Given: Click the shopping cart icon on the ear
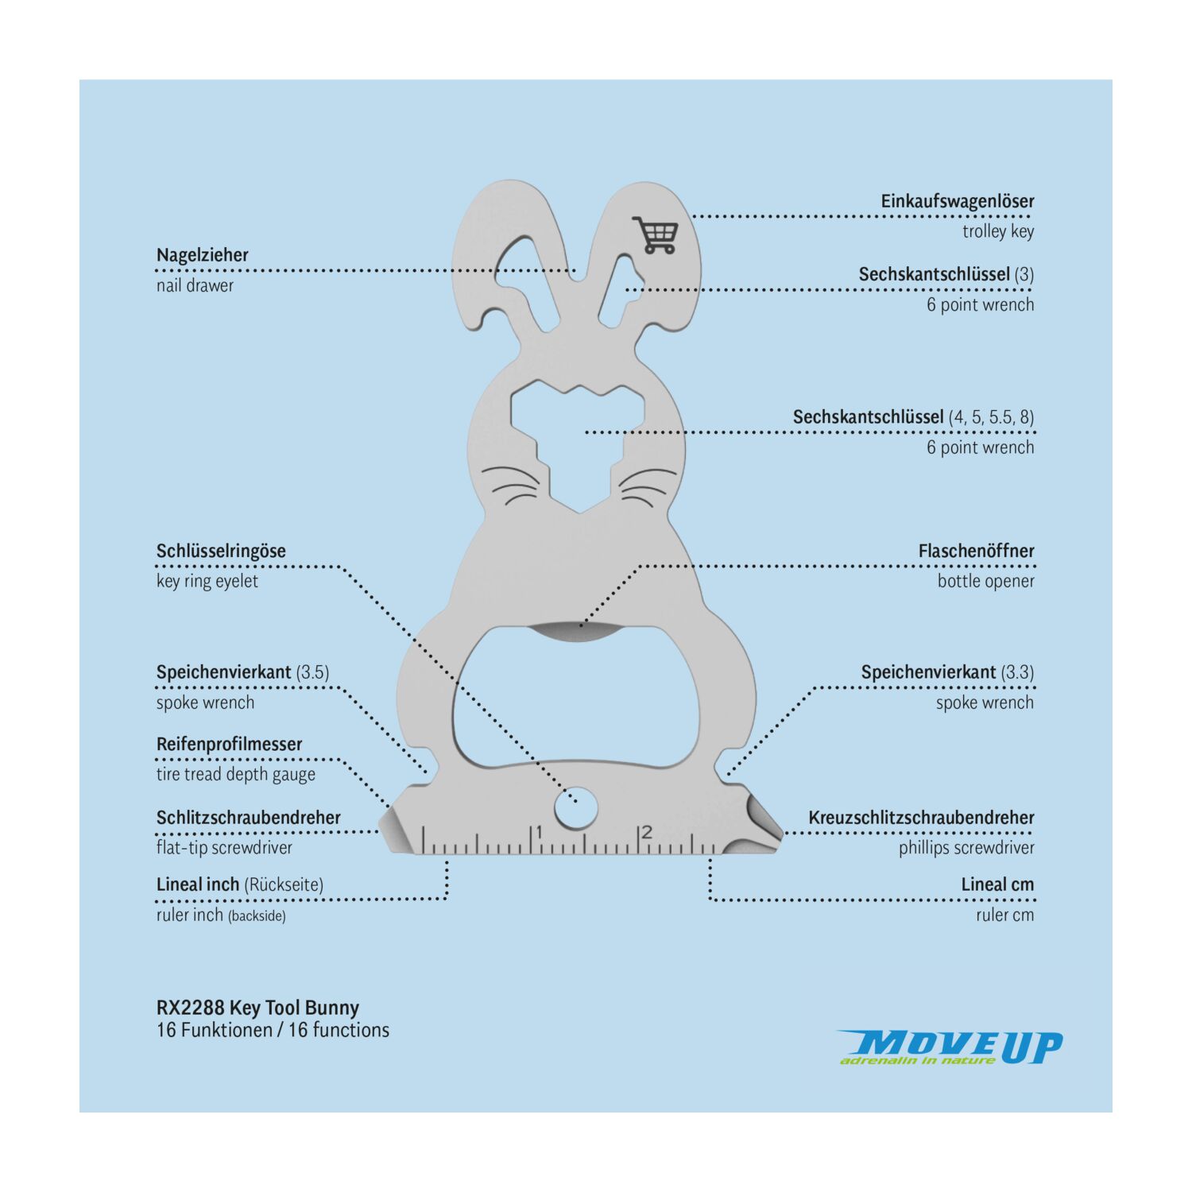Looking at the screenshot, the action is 656,234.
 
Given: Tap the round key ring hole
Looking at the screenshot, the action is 576,809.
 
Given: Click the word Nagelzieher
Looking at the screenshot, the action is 202,255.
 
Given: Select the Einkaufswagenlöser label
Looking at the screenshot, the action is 957,202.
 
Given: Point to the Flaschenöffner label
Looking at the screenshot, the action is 976,551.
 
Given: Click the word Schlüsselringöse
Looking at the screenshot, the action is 221,551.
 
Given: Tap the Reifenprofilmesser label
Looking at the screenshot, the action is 229,745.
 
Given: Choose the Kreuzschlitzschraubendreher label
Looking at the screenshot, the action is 921,818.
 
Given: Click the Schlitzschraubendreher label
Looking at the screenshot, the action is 248,818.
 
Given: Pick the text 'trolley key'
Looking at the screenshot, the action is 998,231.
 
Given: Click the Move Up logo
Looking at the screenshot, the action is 950,1047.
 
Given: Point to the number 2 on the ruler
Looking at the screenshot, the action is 647,832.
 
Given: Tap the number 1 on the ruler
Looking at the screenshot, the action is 540,832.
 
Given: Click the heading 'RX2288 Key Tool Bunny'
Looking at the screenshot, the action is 257,1008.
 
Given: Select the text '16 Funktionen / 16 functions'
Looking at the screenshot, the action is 273,1030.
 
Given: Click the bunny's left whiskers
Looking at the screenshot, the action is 510,485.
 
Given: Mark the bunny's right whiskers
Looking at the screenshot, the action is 648,485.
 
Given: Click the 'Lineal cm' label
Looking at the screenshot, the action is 997,884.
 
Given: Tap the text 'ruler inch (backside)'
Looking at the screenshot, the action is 221,915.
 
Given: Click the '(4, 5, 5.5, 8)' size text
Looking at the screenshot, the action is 991,417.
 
